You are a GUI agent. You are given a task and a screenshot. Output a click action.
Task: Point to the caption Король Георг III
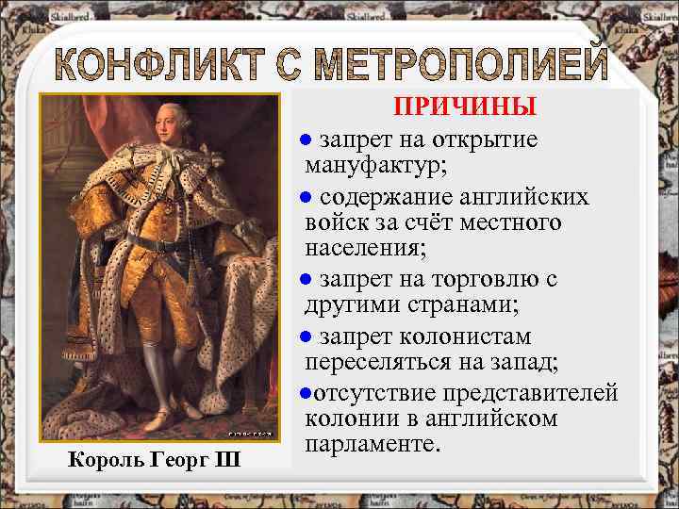[x=156, y=462]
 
